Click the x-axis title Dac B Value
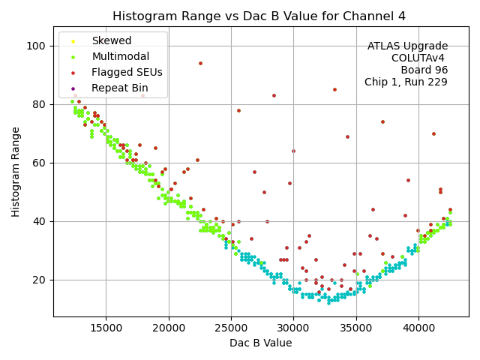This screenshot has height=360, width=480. (260, 343)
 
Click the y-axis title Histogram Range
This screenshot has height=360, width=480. (16, 172)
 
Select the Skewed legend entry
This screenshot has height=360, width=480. (111, 40)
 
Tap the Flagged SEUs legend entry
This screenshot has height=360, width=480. (125, 72)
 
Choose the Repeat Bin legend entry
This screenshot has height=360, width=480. (119, 88)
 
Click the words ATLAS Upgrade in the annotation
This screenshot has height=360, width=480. (407, 46)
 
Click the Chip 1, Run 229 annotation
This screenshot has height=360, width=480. (406, 82)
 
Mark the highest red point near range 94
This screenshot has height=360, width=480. (200, 63)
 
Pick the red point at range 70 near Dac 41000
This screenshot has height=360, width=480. (433, 133)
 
